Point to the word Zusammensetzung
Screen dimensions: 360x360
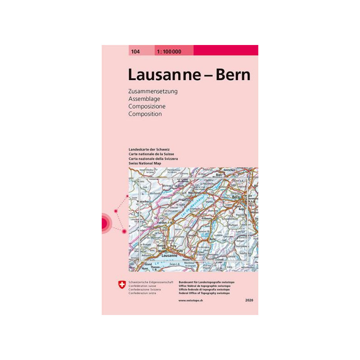tap(153, 91)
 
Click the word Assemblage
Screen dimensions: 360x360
tap(144, 99)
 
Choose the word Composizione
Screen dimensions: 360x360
tap(147, 107)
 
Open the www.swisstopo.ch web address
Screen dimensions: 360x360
tap(191, 300)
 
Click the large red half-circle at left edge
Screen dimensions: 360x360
tap(105, 221)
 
